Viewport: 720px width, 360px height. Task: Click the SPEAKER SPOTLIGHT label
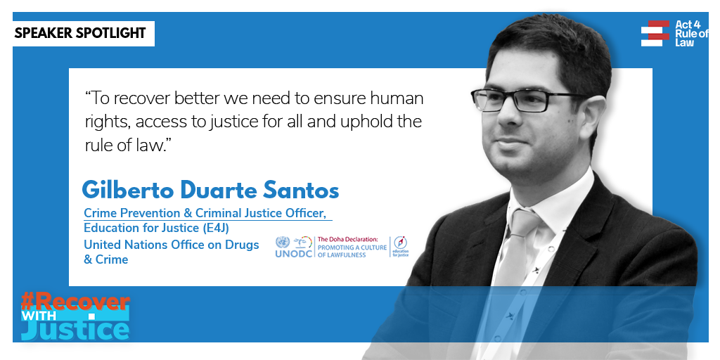tap(80, 33)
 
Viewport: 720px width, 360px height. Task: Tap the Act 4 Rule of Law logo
tap(674, 33)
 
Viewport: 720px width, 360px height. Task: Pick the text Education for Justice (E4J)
tap(156, 228)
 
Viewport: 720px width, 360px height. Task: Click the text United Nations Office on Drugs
tap(172, 245)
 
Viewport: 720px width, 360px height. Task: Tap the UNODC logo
tap(294, 247)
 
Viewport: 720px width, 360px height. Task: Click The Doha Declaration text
tap(347, 240)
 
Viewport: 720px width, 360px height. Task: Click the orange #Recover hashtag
tap(75, 302)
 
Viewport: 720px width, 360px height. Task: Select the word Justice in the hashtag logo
tap(75, 330)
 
